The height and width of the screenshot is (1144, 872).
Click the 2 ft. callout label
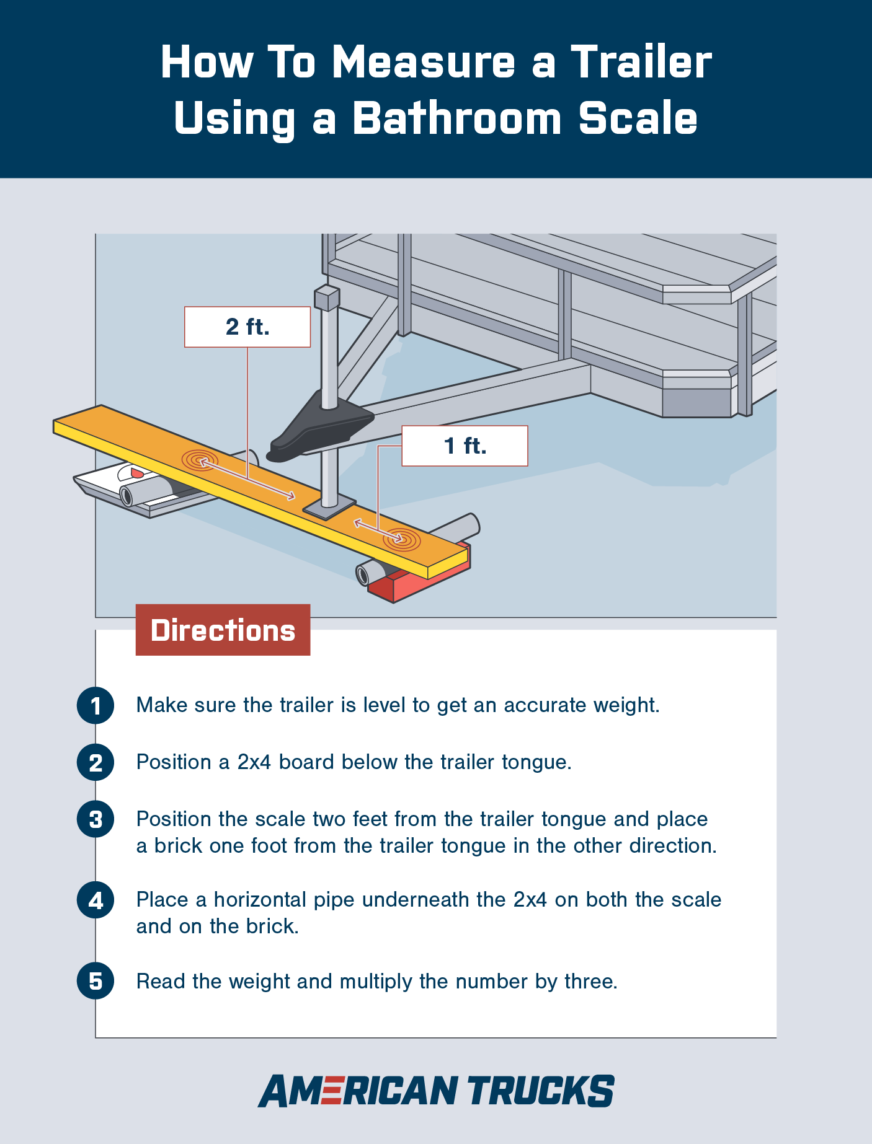click(x=247, y=327)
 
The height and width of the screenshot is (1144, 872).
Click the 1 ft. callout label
click(x=465, y=446)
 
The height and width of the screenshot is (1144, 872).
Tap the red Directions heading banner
click(x=223, y=630)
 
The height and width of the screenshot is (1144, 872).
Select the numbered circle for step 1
click(x=96, y=705)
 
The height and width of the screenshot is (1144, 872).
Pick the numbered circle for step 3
click(x=96, y=819)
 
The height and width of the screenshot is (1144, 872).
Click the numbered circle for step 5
click(x=96, y=981)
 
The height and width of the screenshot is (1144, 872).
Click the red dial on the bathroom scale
click(x=136, y=473)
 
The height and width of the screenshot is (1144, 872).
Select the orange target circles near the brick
click(x=401, y=539)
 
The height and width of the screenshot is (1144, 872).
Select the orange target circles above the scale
click(x=199, y=460)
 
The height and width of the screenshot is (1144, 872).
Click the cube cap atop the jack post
click(x=327, y=297)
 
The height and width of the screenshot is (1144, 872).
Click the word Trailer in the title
click(x=641, y=63)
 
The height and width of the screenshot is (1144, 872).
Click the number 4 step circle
click(x=96, y=900)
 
